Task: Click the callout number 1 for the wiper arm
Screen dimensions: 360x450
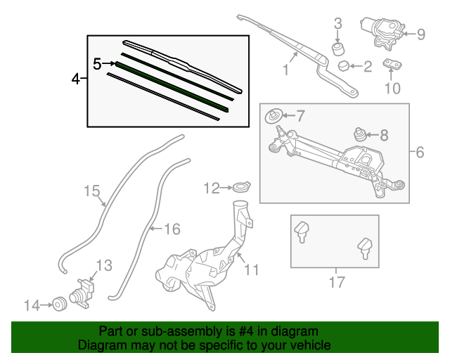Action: pyautogui.click(x=286, y=70)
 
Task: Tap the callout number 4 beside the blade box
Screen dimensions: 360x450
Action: pyautogui.click(x=76, y=79)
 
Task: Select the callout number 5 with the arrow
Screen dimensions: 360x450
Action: pyautogui.click(x=98, y=64)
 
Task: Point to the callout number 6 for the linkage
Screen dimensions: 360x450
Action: pyautogui.click(x=420, y=152)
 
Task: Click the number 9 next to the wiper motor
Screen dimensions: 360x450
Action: pyautogui.click(x=421, y=33)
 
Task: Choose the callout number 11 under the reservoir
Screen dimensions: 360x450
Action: pyautogui.click(x=252, y=269)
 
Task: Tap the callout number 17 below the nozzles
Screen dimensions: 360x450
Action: pyautogui.click(x=337, y=283)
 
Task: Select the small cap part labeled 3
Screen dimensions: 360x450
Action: pyautogui.click(x=338, y=49)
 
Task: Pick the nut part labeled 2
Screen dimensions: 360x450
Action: pyautogui.click(x=344, y=66)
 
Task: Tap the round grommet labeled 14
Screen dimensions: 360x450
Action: pyautogui.click(x=59, y=304)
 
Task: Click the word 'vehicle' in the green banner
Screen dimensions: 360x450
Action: pyautogui.click(x=307, y=346)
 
